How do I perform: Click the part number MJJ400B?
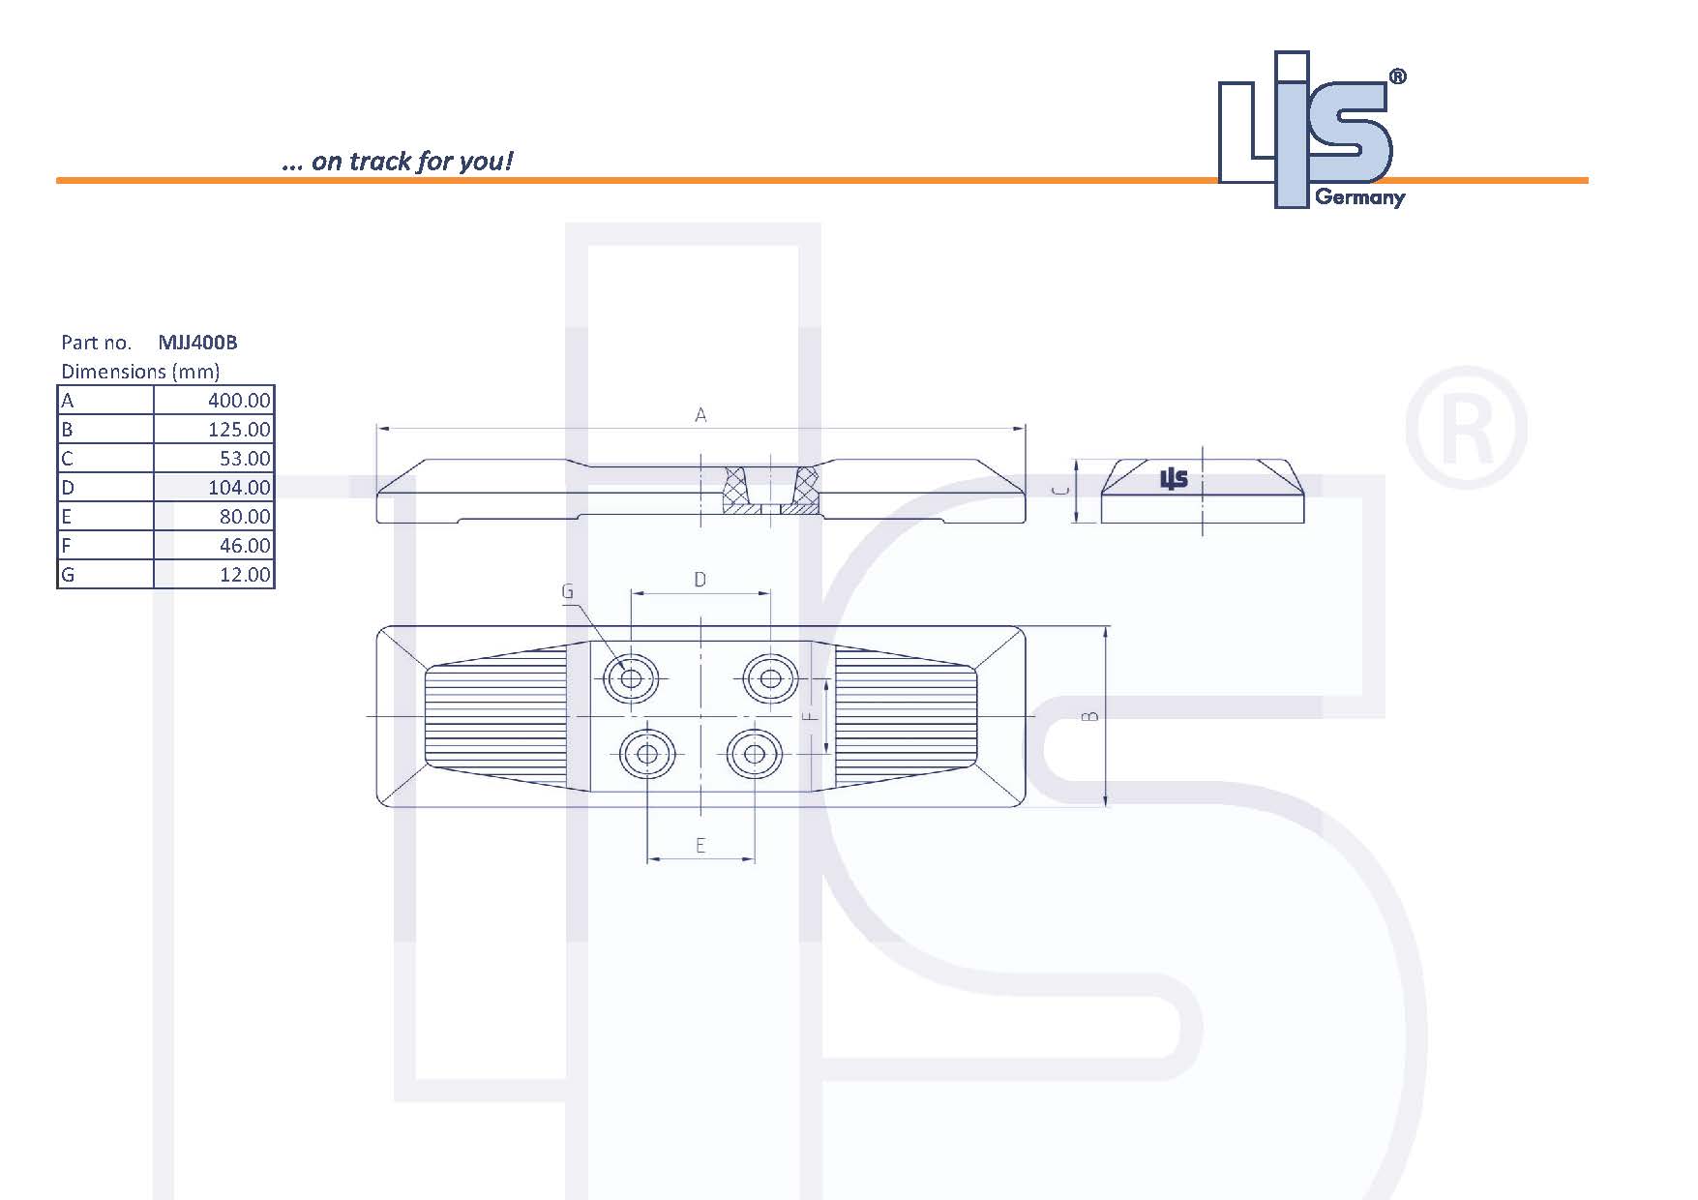point(197,343)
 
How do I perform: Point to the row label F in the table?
point(67,546)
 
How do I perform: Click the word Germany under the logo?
point(1359,197)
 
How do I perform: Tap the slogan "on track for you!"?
point(410,161)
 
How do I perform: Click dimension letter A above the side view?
point(700,415)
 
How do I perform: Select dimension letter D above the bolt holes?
point(700,580)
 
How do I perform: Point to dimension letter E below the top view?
point(700,846)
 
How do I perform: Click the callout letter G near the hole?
point(568,591)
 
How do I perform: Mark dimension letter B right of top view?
point(1090,716)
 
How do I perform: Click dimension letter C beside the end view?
point(1062,491)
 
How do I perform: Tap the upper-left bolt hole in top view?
point(631,678)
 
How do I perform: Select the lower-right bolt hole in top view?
point(755,754)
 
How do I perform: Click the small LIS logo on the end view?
point(1174,478)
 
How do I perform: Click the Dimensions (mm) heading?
point(140,372)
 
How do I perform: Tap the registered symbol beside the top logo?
point(1397,76)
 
